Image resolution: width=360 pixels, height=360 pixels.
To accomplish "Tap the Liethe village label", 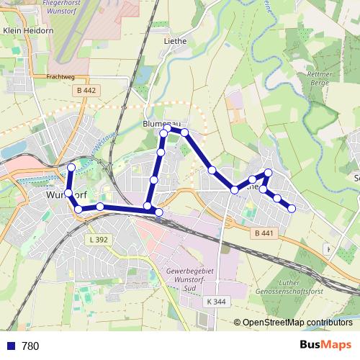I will tap(175, 41).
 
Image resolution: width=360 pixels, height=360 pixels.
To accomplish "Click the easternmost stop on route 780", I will tap(292, 208).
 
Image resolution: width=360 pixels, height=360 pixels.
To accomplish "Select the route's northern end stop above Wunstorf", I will tap(71, 167).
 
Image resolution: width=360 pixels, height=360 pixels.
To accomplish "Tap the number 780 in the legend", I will tap(30, 346).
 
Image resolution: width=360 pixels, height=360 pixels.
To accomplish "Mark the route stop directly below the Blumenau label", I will tap(164, 133).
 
